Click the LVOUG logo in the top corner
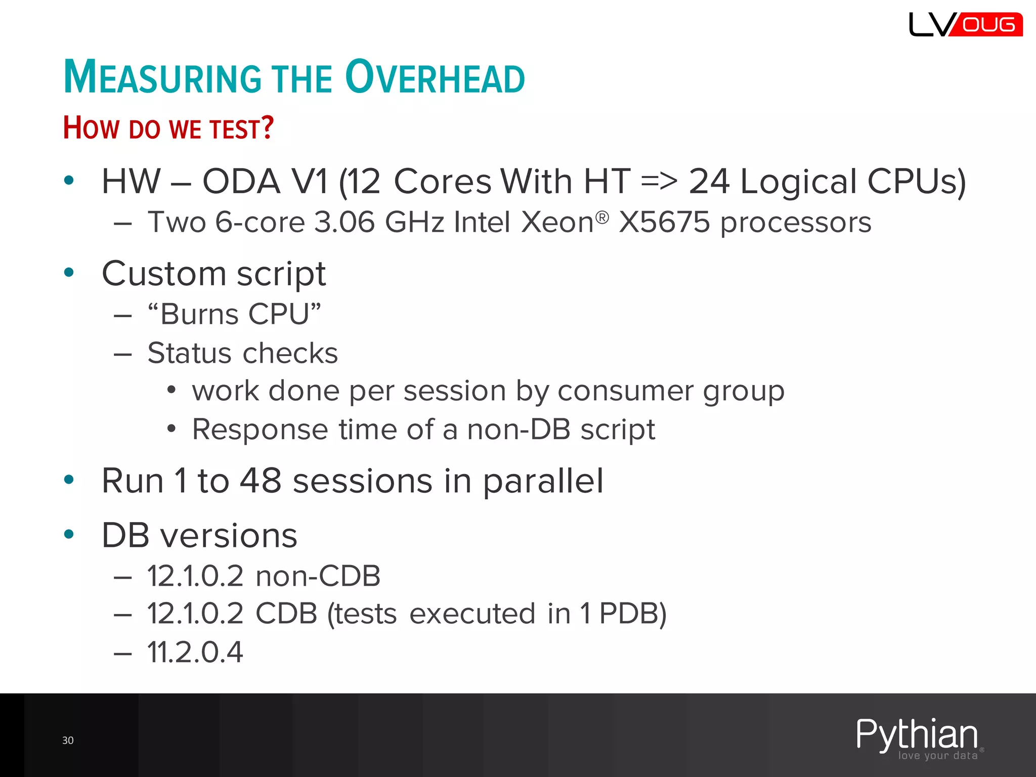[965, 24]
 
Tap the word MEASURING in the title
[162, 77]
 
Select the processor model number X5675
[664, 222]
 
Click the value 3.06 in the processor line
[344, 222]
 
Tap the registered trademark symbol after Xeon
[602, 218]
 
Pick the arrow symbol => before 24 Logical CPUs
[659, 181]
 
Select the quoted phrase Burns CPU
[234, 314]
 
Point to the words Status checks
[242, 353]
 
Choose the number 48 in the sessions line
[261, 481]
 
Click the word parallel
[543, 481]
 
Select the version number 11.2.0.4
[195, 652]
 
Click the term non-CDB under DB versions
[318, 576]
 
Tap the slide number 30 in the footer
[68, 741]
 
